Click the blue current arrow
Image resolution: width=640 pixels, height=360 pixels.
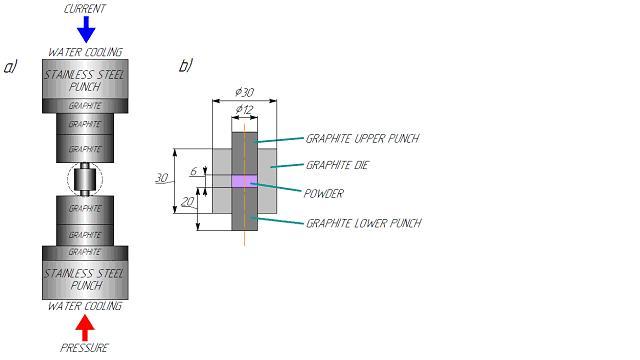(x=86, y=30)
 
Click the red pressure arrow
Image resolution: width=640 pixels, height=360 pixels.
(x=86, y=326)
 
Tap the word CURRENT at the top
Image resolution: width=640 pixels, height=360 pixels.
(x=85, y=9)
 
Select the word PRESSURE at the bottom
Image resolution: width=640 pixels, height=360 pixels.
(x=85, y=348)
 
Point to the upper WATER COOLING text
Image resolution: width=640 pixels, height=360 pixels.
(x=85, y=52)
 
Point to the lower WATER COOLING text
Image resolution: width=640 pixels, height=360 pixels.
(x=85, y=306)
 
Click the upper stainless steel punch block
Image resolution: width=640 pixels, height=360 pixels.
(x=85, y=80)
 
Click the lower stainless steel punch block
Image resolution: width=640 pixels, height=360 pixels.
(x=85, y=278)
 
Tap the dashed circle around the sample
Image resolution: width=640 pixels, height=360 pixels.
(x=85, y=180)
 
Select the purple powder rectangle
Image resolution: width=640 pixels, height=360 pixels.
(x=244, y=180)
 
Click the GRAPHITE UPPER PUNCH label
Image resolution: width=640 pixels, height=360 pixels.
(x=361, y=138)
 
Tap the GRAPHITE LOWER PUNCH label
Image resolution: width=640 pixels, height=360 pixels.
(x=363, y=223)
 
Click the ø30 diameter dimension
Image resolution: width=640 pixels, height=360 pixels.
(x=244, y=93)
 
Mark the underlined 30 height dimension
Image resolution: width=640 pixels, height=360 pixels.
(x=161, y=178)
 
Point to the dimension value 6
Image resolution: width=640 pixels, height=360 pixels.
(x=193, y=171)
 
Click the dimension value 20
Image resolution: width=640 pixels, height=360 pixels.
(x=187, y=201)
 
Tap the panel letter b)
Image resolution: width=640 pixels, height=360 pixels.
(x=185, y=67)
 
